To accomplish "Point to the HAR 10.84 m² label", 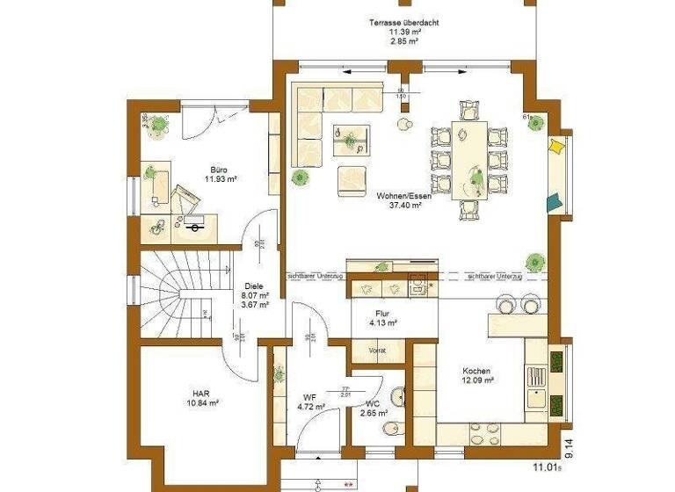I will pyautogui.click(x=200, y=397).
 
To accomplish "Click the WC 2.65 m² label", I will pyautogui.click(x=374, y=407).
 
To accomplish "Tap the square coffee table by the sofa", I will pyautogui.click(x=351, y=139).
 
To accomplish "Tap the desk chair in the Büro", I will pyautogui.click(x=187, y=197).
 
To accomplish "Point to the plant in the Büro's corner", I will pyautogui.click(x=158, y=126).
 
